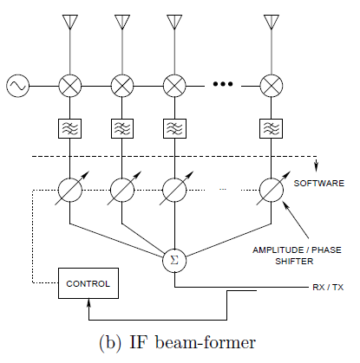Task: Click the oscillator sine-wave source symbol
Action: click(x=17, y=85)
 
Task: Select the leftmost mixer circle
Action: click(x=69, y=85)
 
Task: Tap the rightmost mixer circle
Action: click(x=272, y=85)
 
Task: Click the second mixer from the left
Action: click(x=122, y=85)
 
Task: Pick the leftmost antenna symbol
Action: click(x=69, y=21)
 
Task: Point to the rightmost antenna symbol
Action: click(x=272, y=21)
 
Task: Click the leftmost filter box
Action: click(x=69, y=128)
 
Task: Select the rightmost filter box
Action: click(x=272, y=128)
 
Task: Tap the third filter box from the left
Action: click(x=174, y=128)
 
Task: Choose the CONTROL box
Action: click(x=88, y=282)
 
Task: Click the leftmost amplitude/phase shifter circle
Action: click(x=69, y=189)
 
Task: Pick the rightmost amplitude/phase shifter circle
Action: click(x=272, y=189)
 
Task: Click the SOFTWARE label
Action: click(x=318, y=184)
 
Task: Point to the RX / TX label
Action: click(x=327, y=288)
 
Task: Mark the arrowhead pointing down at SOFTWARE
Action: click(x=317, y=169)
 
